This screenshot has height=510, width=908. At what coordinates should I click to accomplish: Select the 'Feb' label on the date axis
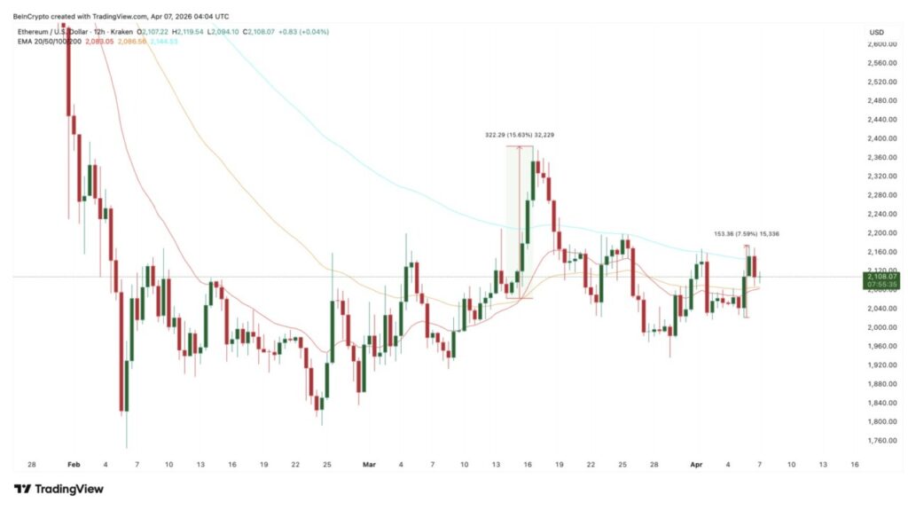coord(74,464)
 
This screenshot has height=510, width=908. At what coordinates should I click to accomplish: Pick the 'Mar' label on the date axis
coord(370,464)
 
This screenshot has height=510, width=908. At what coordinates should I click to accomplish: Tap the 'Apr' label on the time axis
coord(698,464)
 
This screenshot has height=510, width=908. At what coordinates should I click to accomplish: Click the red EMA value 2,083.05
coord(100,41)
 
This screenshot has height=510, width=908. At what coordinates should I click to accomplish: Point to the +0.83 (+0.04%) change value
coord(304,31)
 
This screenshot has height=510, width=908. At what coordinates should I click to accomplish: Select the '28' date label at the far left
coord(32,464)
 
